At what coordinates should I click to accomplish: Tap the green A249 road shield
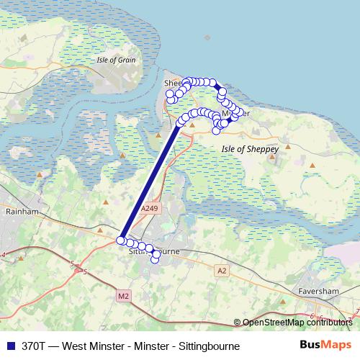(149, 208)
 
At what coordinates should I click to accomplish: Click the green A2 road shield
(222, 270)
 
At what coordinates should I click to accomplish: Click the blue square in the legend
(9, 346)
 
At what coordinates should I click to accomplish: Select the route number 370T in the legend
(37, 346)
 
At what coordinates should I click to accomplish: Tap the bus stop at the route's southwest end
(121, 240)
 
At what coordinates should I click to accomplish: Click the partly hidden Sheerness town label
(174, 84)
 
